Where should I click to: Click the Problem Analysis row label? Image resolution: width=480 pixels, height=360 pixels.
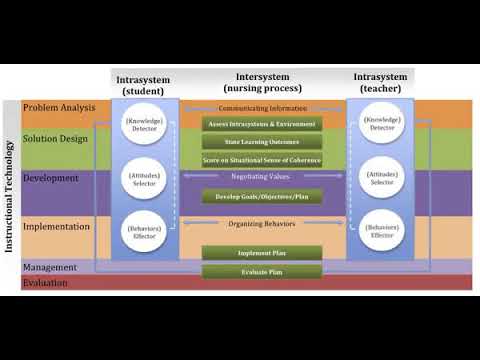(59, 107)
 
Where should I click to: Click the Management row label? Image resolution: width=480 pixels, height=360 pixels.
(50, 267)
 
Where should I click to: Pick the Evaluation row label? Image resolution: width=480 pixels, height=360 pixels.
(47, 283)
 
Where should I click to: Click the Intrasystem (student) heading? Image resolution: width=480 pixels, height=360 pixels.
(143, 84)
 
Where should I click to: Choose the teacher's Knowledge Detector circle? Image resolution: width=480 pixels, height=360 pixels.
(381, 124)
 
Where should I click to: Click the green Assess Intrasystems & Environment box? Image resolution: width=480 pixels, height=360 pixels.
(262, 124)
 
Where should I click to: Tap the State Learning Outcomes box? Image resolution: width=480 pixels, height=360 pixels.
(262, 142)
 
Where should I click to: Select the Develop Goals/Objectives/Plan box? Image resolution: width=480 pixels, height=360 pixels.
(262, 196)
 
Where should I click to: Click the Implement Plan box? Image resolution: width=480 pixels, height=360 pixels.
(262, 253)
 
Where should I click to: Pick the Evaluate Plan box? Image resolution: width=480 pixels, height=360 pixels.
(262, 271)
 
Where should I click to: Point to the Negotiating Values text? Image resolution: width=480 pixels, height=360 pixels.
(262, 176)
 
